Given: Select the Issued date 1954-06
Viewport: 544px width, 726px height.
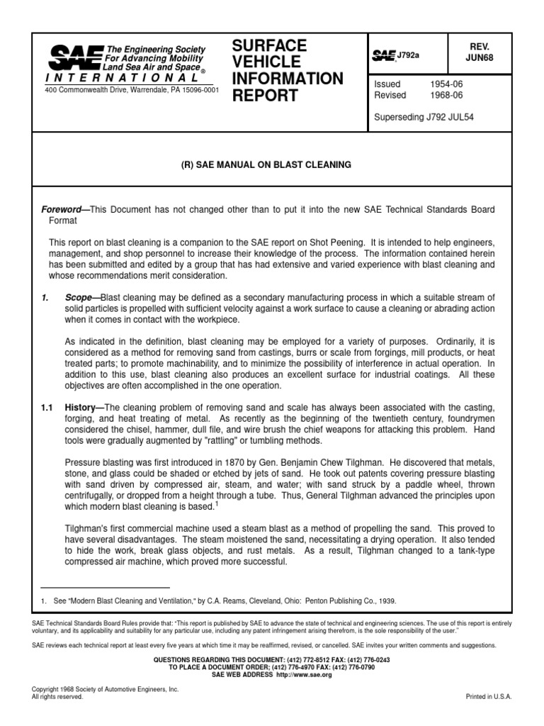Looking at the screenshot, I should (x=445, y=84).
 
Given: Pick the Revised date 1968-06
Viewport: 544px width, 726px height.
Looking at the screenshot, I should (x=445, y=95).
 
